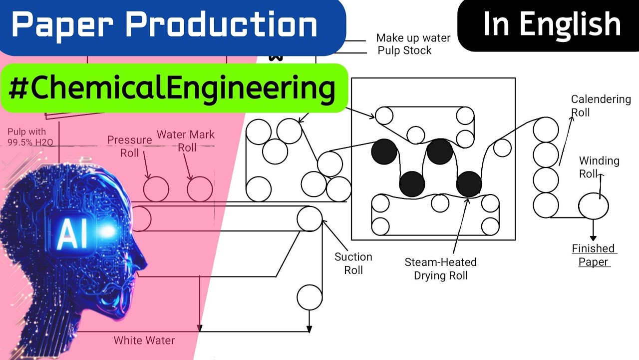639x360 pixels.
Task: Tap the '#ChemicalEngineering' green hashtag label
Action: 172,88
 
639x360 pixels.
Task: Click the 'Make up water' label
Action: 413,38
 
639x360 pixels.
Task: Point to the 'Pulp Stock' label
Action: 404,50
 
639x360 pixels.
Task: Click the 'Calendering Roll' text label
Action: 601,105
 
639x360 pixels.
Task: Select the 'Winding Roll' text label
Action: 599,167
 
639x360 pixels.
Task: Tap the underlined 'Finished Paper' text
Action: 593,255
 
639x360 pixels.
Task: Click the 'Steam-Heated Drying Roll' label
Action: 440,268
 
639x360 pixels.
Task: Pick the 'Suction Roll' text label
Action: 353,263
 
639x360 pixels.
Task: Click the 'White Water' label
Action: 144,340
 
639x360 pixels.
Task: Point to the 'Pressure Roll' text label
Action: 129,146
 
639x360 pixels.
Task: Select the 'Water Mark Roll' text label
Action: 186,141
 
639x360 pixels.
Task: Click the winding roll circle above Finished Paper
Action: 593,205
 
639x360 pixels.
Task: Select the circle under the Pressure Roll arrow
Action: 156,189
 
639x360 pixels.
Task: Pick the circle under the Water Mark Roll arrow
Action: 200,189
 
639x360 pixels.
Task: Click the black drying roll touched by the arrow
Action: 469,183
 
